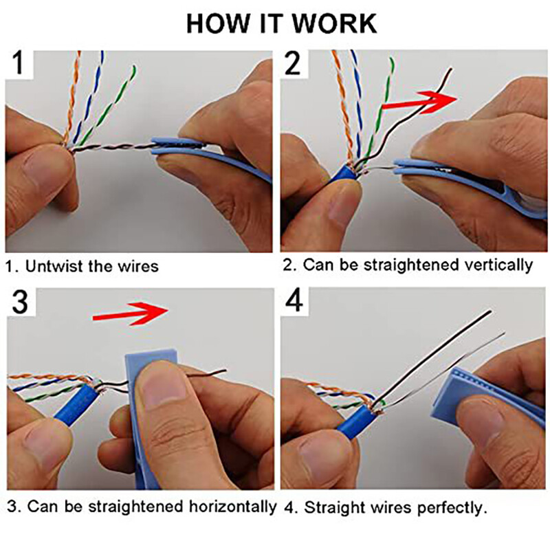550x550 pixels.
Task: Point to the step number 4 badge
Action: [x=294, y=303]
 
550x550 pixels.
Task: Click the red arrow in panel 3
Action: [x=131, y=312]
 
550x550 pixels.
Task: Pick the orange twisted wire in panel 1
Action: [x=71, y=96]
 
